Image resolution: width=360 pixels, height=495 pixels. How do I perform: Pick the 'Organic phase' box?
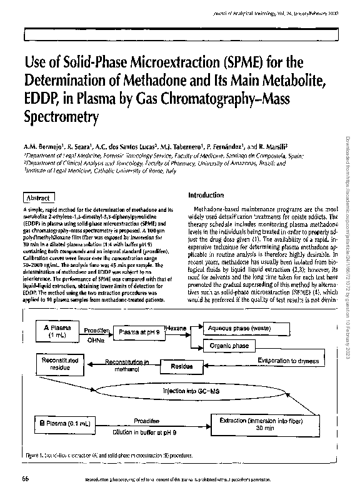click(229, 346)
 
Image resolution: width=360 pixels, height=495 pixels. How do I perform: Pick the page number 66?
click(26, 479)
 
